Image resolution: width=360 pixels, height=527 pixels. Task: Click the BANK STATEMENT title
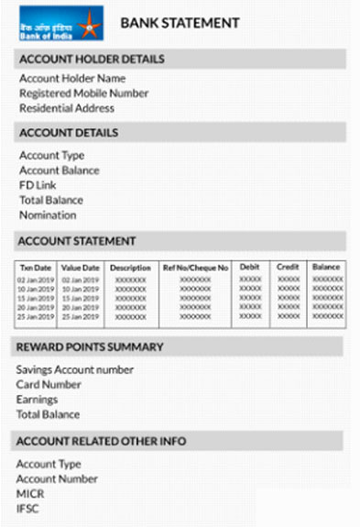[180, 23]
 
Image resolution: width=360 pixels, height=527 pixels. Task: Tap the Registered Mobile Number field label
[83, 93]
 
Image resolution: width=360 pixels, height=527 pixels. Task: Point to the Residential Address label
[67, 108]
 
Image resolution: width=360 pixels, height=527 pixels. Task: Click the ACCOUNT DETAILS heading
[69, 133]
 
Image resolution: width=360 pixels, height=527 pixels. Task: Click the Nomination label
[48, 215]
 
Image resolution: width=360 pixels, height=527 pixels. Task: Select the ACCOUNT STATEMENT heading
[78, 241]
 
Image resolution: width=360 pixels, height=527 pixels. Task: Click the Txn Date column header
[36, 268]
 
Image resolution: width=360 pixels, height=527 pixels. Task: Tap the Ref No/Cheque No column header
[195, 268]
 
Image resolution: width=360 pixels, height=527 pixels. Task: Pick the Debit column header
[250, 268]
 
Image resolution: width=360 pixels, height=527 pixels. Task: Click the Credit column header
[289, 268]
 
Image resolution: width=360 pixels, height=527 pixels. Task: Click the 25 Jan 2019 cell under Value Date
[80, 316]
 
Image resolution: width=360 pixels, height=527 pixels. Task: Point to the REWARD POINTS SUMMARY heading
[90, 347]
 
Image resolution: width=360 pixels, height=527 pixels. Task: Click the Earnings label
[37, 400]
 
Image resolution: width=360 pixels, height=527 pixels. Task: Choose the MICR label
[31, 494]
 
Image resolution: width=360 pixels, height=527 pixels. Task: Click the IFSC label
[28, 509]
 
